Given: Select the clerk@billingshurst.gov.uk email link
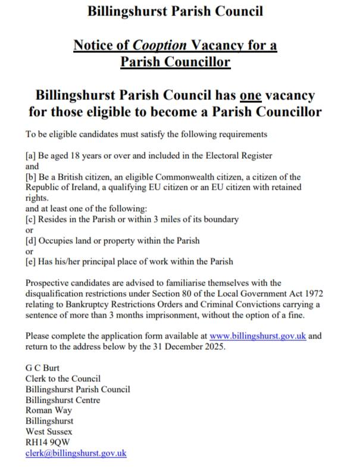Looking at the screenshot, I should pos(76,453).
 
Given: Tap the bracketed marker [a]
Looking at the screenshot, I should pos(31,156).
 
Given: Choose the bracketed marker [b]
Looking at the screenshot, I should pos(31,177).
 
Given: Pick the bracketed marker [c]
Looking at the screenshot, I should pos(31,219).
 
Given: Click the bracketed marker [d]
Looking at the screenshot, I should pos(31,240).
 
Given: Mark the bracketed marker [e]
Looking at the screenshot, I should pos(31,261).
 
